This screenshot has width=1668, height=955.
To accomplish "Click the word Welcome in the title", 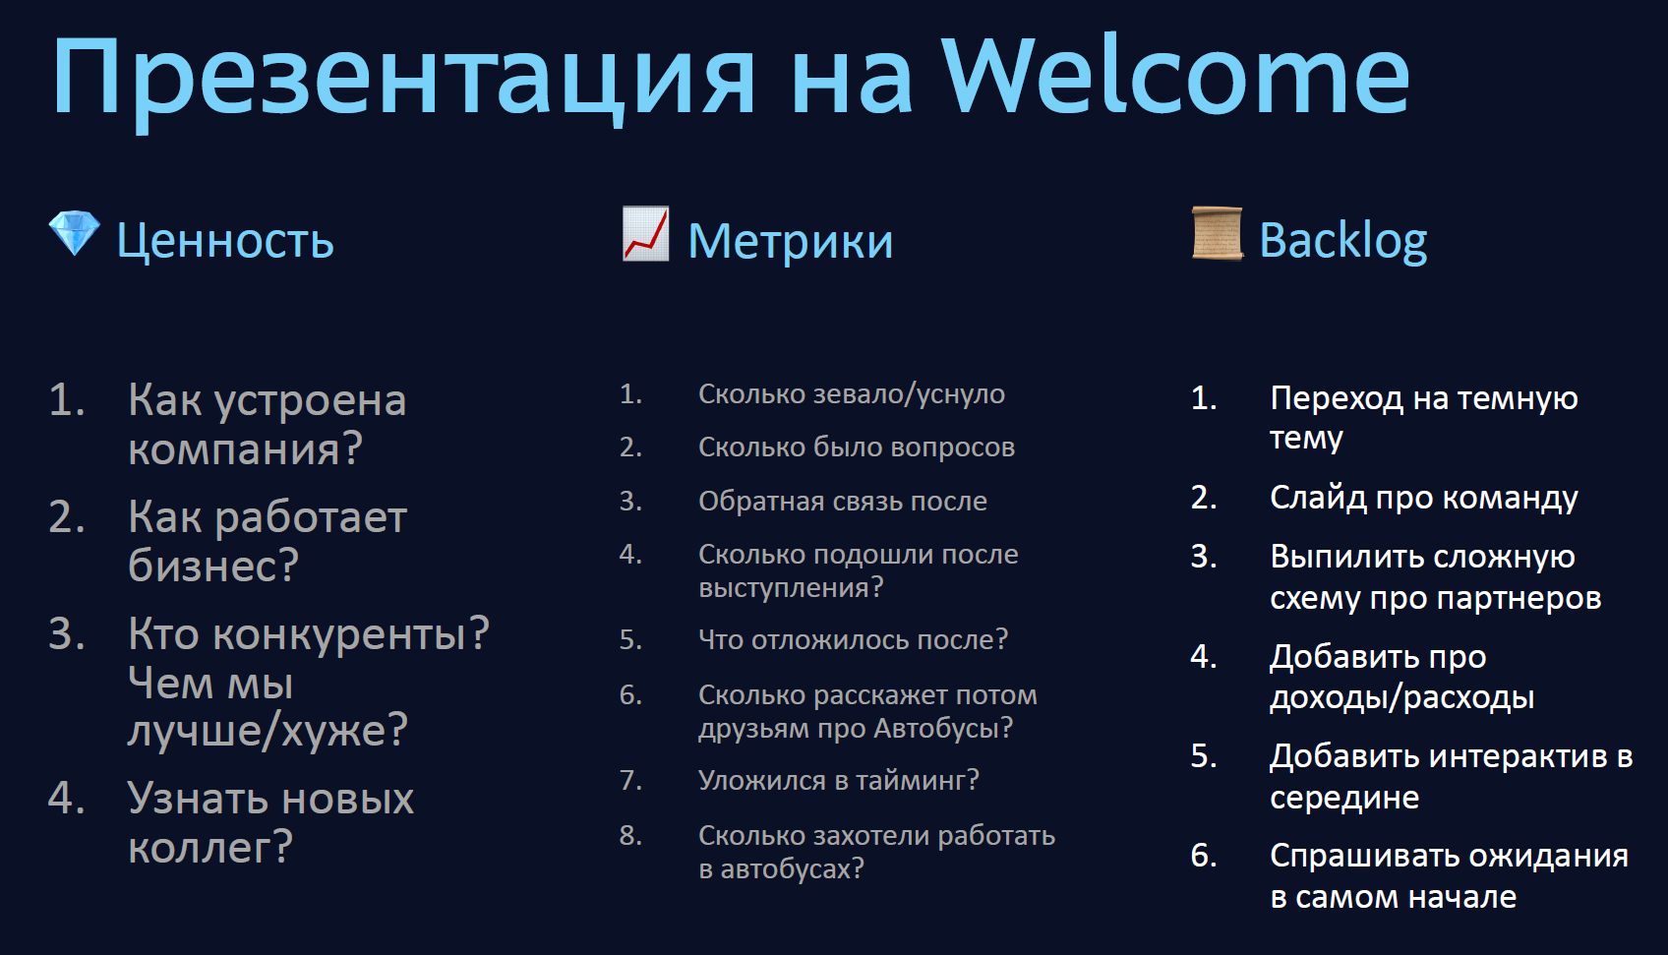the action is pyautogui.click(x=1175, y=75).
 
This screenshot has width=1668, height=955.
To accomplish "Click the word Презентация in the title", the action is pyautogui.click(x=403, y=82).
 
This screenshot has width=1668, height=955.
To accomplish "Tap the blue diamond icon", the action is pyautogui.click(x=75, y=233).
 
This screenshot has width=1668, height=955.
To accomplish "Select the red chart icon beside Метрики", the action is pyautogui.click(x=645, y=234).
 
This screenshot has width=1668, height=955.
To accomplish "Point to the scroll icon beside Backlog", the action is pyautogui.click(x=1217, y=233).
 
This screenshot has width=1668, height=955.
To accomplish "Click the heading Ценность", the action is pyautogui.click(x=225, y=241).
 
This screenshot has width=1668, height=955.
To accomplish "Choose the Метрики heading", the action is pyautogui.click(x=790, y=241).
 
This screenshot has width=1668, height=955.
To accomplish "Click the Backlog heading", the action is pyautogui.click(x=1343, y=241).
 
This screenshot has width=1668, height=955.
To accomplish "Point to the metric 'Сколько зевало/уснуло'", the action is pyautogui.click(x=851, y=394).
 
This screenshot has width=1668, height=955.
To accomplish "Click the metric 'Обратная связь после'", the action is pyautogui.click(x=842, y=501).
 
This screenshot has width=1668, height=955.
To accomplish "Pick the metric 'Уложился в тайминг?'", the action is pyautogui.click(x=839, y=780).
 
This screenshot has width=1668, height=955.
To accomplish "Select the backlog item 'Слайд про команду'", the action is pyautogui.click(x=1424, y=499).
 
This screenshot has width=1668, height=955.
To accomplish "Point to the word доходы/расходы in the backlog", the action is pyautogui.click(x=1402, y=698).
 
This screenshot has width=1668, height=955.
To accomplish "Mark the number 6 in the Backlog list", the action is pyautogui.click(x=1204, y=856).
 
